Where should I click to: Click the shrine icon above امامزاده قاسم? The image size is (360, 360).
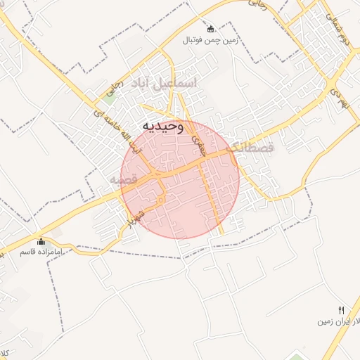pyautogui.click(x=41, y=241)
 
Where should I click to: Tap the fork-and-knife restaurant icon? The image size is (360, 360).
pyautogui.click(x=341, y=310)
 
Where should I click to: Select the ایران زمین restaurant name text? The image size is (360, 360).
pyautogui.click(x=336, y=321)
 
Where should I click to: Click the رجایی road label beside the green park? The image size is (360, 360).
pyautogui.click(x=111, y=87)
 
